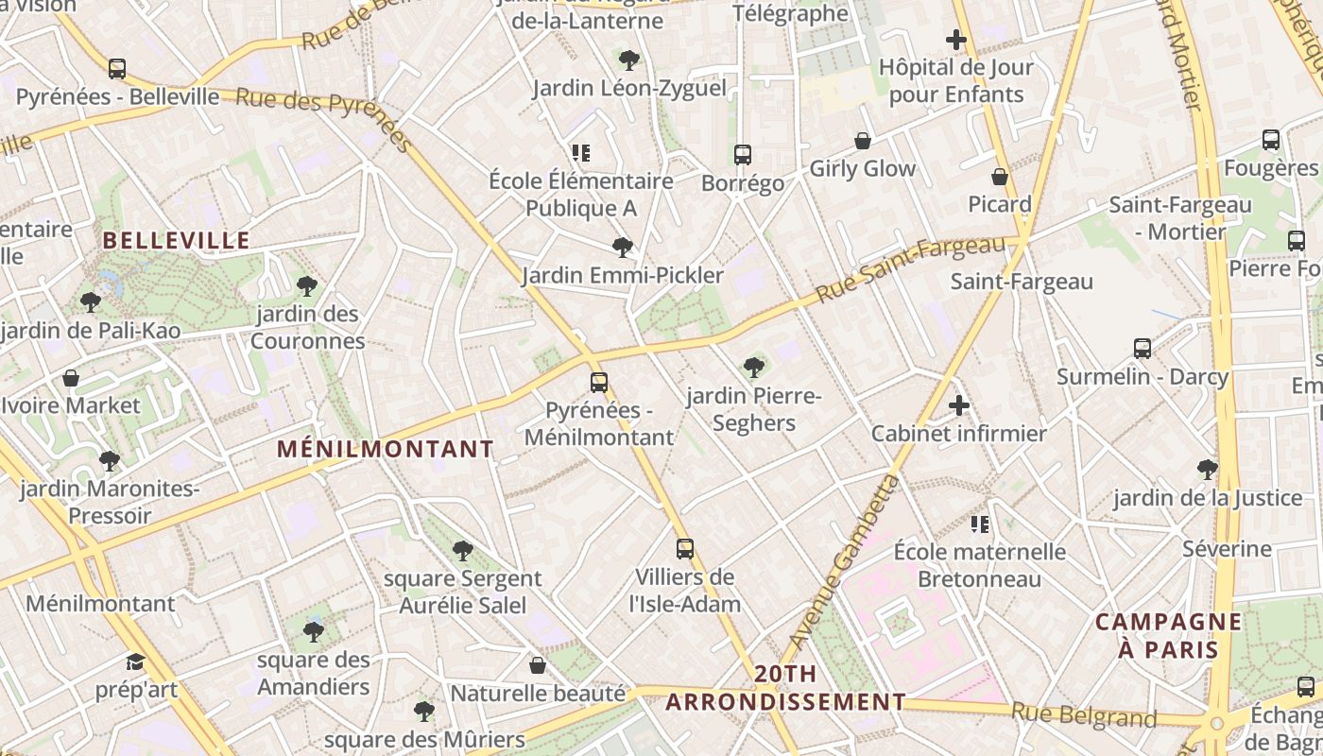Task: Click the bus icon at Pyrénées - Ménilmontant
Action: click(599, 383)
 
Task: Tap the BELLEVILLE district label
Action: click(177, 240)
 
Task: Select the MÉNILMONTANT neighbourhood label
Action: click(386, 449)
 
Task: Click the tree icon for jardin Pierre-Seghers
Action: click(753, 367)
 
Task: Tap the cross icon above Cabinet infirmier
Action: click(959, 406)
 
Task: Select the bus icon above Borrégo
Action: click(743, 155)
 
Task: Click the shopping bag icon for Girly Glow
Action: click(863, 141)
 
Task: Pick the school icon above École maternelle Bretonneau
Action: click(980, 524)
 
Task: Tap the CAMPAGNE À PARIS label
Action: click(1168, 635)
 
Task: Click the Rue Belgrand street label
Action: click(1083, 715)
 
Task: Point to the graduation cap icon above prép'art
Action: click(136, 661)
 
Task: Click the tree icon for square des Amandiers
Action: click(314, 631)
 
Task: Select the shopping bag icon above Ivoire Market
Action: click(71, 379)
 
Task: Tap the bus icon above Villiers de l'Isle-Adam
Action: click(685, 549)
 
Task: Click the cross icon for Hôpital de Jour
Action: click(956, 40)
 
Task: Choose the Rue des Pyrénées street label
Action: click(324, 119)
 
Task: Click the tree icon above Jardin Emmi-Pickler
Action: click(622, 248)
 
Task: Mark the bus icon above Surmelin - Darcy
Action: click(1143, 349)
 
